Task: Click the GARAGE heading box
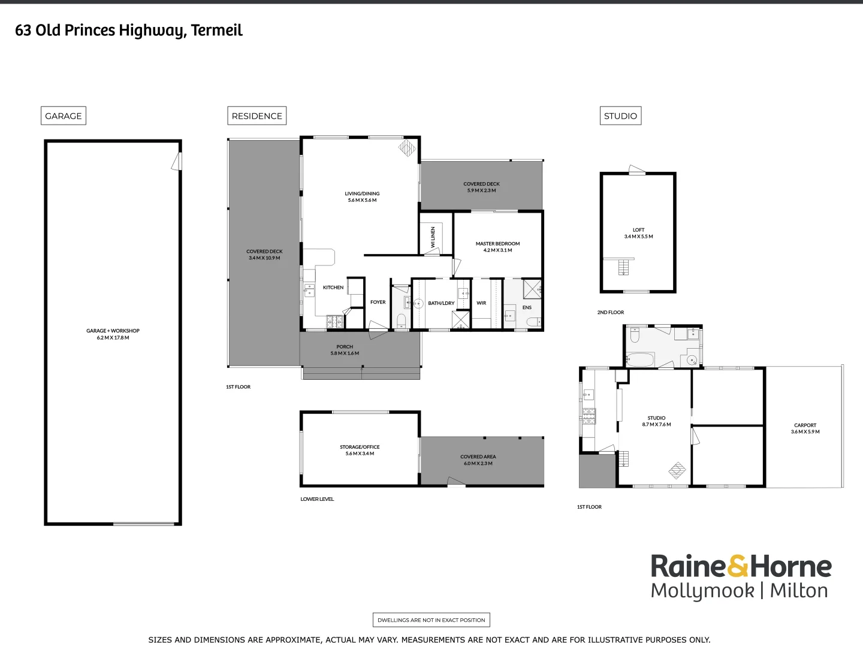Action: click(x=63, y=116)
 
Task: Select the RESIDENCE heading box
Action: click(x=257, y=116)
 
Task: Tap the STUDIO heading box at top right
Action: click(x=620, y=116)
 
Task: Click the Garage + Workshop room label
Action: click(x=113, y=334)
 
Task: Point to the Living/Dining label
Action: click(x=362, y=196)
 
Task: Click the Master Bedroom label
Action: click(x=497, y=247)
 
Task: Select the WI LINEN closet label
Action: click(x=433, y=237)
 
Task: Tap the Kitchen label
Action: click(x=333, y=288)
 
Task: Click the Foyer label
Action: click(x=378, y=302)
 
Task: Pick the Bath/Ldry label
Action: click(x=441, y=303)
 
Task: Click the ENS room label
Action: click(x=527, y=307)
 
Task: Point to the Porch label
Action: click(x=345, y=350)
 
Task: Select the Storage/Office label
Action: click(x=360, y=450)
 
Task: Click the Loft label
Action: click(x=638, y=233)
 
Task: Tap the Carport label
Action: click(x=805, y=428)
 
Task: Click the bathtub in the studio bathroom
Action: click(x=641, y=360)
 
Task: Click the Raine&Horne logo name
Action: click(x=741, y=566)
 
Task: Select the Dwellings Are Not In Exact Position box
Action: click(x=431, y=620)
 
